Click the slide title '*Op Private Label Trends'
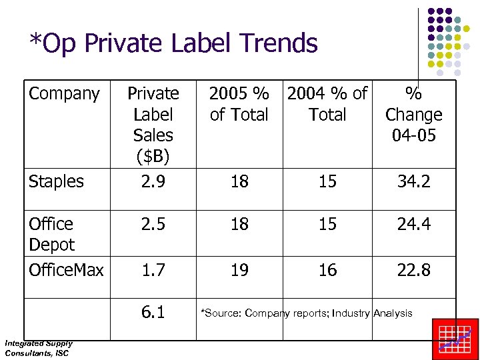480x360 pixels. pos(173,43)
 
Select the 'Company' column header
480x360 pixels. pos(64,94)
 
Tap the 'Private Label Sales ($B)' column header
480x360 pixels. pos(153,125)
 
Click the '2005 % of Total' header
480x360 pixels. pos(239,104)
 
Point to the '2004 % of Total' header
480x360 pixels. pos(327,104)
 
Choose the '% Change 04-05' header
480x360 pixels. pos(413,115)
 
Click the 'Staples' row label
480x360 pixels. pos(57,181)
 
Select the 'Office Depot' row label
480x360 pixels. pos(52,234)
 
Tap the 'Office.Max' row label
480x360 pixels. pos(67,270)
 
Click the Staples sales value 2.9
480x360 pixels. pos(153,181)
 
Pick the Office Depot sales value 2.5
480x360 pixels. pos(153,224)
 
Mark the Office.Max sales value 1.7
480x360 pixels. pos(153,270)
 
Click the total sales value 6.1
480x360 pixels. pos(153,313)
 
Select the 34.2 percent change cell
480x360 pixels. pos(413,181)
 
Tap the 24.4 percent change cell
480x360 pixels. pos(413,224)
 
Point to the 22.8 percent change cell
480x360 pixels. pos(413,270)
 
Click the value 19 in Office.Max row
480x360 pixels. pos(239,270)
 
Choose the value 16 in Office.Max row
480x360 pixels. pos(327,270)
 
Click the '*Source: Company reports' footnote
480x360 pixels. pos(307,313)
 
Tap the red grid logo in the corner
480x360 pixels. pos(455,339)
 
